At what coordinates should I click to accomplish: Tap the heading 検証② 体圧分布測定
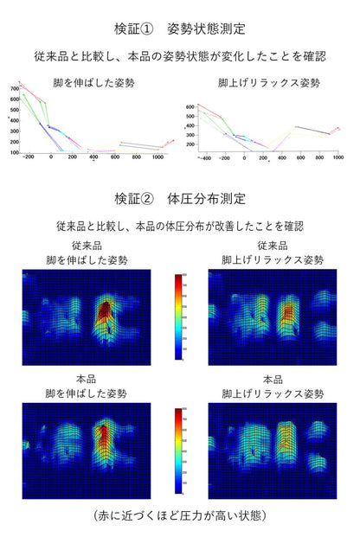pos(180,198)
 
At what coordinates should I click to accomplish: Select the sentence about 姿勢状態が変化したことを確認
pos(180,55)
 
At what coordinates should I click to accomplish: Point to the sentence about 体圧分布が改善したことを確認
pos(180,226)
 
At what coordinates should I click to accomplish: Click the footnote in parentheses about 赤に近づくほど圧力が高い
pos(180,515)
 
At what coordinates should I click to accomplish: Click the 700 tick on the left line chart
pos(14,88)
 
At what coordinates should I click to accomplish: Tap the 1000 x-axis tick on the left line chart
pos(157,158)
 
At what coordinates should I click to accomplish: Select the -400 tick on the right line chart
pos(206,159)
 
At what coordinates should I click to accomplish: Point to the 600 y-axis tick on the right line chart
pos(190,106)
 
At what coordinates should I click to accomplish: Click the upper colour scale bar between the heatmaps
pos(179,316)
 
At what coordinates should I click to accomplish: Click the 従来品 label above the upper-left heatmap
pos(87,246)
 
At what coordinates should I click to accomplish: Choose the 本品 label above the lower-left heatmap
pos(87,379)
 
